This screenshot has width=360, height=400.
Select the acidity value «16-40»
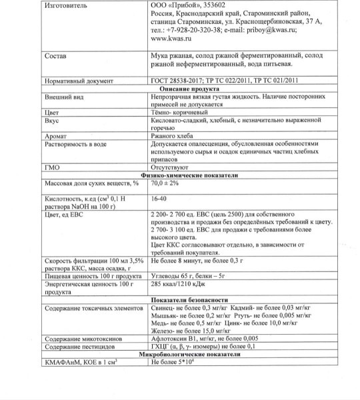click(x=159, y=198)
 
